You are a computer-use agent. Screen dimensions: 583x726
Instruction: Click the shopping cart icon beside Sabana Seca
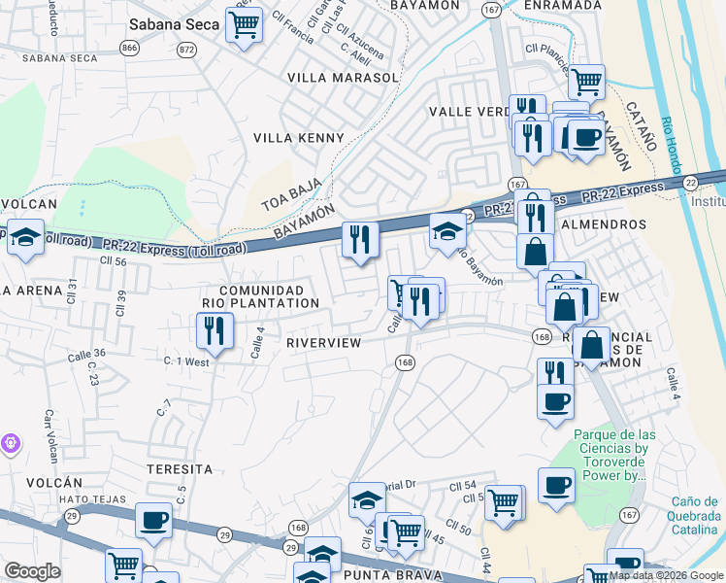tap(244, 24)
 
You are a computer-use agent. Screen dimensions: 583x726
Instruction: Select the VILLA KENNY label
tap(299, 138)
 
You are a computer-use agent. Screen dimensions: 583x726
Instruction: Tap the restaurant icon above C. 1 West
tap(214, 330)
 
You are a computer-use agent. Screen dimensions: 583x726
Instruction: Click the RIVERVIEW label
tap(323, 343)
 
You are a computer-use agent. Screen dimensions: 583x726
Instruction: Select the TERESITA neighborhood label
tap(179, 468)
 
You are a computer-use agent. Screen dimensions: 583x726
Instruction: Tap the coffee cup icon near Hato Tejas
tap(153, 520)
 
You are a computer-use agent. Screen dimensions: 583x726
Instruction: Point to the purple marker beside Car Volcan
tap(10, 443)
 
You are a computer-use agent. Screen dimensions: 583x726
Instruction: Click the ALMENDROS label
tap(610, 224)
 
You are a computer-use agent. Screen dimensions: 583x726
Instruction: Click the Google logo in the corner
tap(32, 571)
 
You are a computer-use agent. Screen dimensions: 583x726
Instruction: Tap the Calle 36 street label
tap(86, 354)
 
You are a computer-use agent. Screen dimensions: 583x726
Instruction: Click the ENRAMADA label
tap(562, 6)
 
